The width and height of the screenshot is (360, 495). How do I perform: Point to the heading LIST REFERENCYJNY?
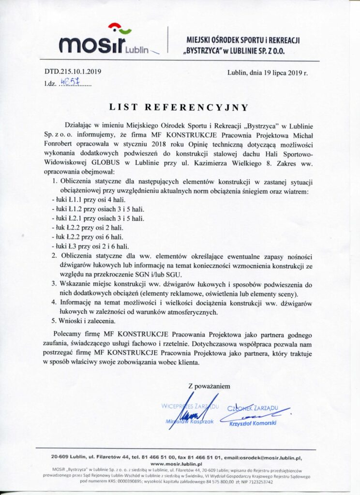click(x=179, y=107)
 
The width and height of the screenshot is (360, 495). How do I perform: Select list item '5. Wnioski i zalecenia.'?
click(x=85, y=321)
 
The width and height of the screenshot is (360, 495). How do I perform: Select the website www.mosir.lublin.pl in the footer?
click(x=179, y=463)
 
